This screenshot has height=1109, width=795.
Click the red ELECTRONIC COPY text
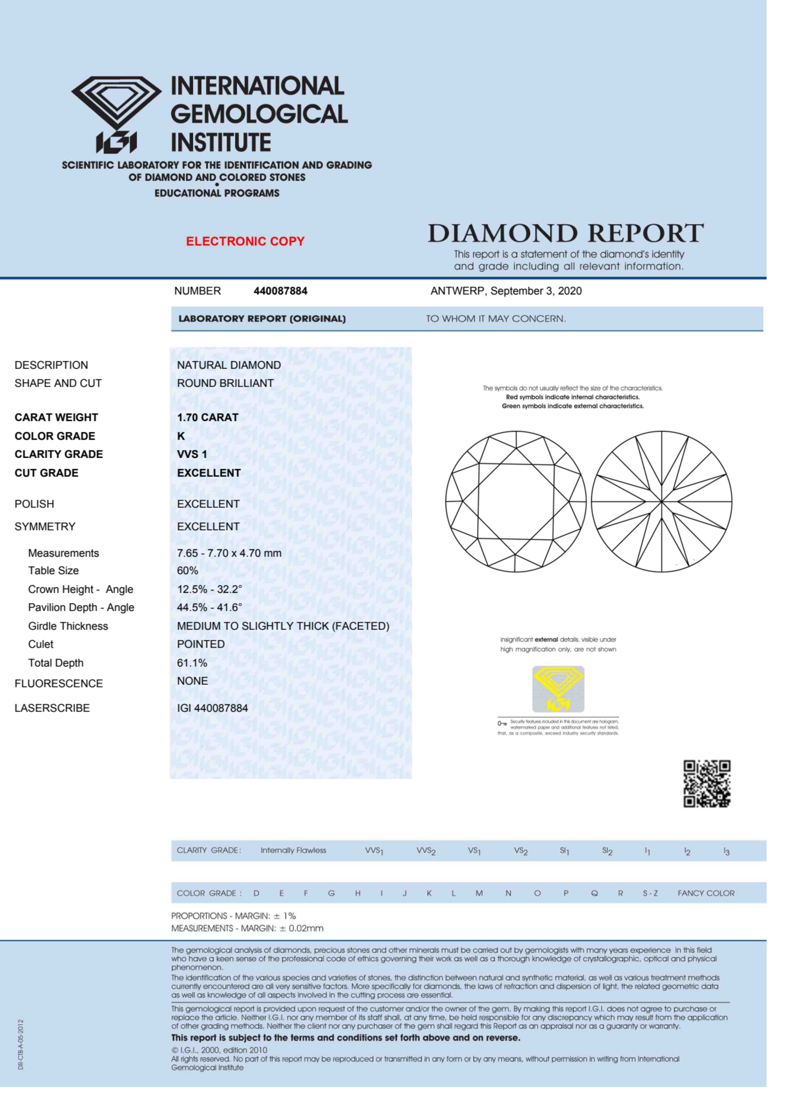[245, 241]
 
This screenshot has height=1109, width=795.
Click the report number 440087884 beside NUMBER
[280, 291]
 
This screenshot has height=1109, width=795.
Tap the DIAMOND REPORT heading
[565, 233]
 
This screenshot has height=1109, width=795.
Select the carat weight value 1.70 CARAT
[207, 417]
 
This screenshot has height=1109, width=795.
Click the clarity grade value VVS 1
[191, 454]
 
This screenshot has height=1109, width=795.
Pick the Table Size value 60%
[187, 571]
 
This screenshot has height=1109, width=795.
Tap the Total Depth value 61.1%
[191, 663]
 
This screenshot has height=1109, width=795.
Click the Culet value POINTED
[201, 644]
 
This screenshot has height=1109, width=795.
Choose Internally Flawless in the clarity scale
[293, 850]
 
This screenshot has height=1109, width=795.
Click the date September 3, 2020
[536, 291]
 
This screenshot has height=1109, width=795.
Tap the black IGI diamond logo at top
[116, 113]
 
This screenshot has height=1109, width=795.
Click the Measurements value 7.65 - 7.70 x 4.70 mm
[229, 553]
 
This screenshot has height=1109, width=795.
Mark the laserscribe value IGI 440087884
[212, 708]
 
